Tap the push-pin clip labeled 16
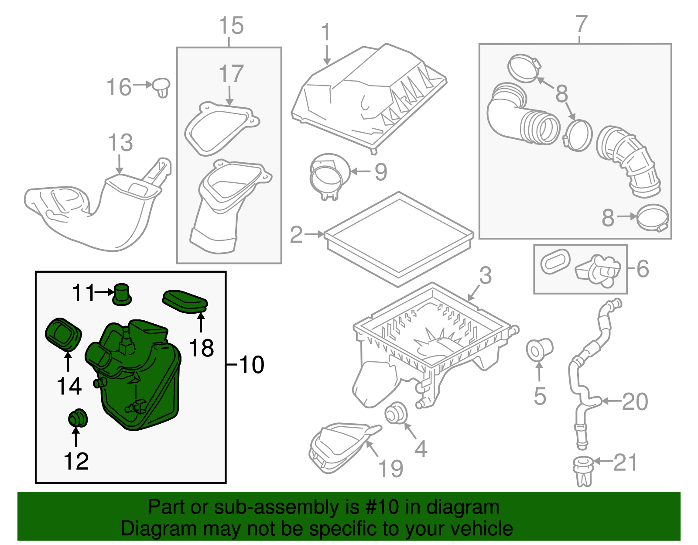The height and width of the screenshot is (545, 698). pyautogui.click(x=161, y=88)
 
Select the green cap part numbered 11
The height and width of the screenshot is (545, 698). pyautogui.click(x=121, y=294)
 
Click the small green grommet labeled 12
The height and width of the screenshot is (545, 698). pyautogui.click(x=78, y=418)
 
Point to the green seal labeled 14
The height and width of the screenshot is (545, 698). pyautogui.click(x=63, y=334)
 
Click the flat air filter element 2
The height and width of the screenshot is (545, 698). pyautogui.click(x=399, y=238)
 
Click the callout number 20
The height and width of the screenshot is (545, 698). pyautogui.click(x=635, y=401)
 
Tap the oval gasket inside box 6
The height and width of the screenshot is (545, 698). pyautogui.click(x=555, y=262)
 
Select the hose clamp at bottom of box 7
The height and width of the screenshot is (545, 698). pyautogui.click(x=653, y=218)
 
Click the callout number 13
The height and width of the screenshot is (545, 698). pyautogui.click(x=120, y=143)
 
